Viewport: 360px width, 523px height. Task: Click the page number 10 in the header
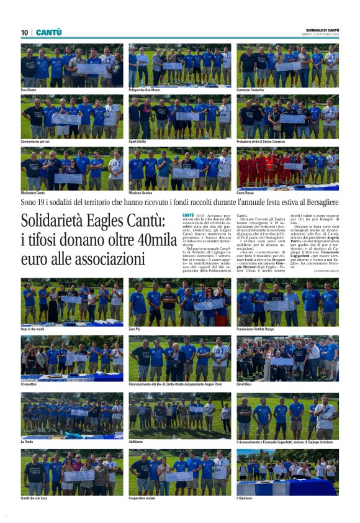25,32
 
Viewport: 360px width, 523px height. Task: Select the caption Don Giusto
29,90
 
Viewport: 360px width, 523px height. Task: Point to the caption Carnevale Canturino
252,90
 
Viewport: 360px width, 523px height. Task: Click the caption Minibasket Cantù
34,193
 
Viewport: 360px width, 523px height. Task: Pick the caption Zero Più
136,329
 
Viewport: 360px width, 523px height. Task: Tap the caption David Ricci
245,386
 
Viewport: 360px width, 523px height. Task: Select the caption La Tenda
27,442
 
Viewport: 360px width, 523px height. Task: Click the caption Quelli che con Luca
36,498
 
